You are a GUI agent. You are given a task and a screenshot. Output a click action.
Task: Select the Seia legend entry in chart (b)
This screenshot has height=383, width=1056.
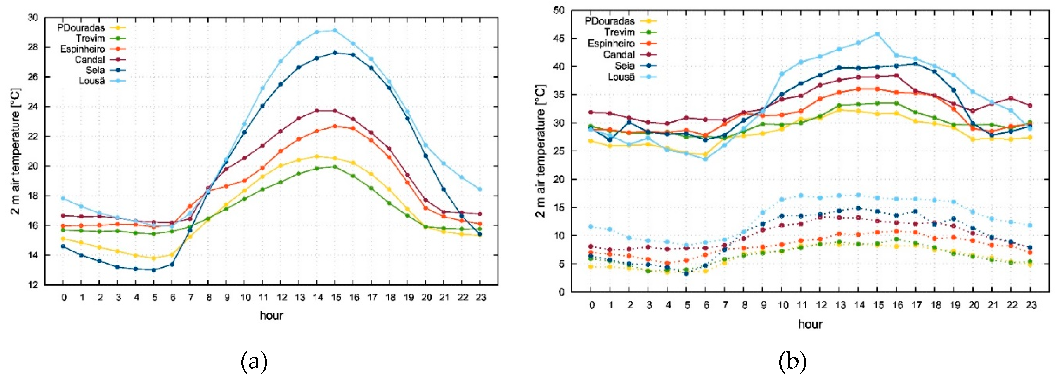click(x=624, y=65)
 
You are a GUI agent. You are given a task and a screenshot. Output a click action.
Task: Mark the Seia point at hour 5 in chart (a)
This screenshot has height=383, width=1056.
click(x=154, y=270)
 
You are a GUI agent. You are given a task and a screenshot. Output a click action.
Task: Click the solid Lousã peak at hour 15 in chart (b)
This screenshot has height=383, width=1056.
click(x=877, y=34)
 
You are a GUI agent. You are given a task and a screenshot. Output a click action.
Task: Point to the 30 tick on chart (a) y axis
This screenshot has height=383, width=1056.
click(x=33, y=18)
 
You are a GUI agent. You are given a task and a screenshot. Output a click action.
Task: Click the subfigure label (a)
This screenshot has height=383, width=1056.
click(x=254, y=362)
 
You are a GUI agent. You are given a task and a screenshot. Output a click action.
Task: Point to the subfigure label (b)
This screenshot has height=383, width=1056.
click(x=792, y=362)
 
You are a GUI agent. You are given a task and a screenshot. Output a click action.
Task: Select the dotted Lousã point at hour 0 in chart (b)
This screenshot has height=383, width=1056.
click(x=591, y=226)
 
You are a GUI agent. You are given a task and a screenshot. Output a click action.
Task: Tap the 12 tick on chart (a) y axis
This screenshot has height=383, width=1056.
click(x=33, y=285)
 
